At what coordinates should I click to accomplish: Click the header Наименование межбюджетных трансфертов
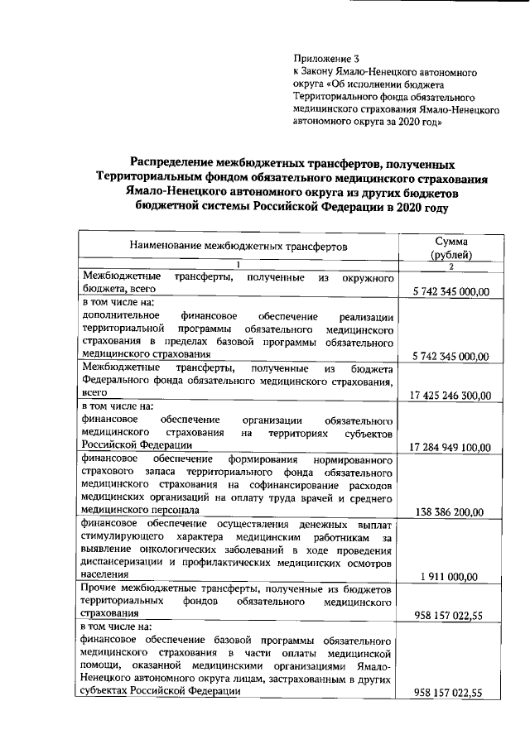(238, 245)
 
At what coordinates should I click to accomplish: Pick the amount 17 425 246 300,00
(450, 396)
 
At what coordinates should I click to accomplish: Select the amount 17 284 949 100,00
(450, 447)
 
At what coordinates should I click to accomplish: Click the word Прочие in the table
(99, 588)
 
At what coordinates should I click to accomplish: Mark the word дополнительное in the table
(117, 316)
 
